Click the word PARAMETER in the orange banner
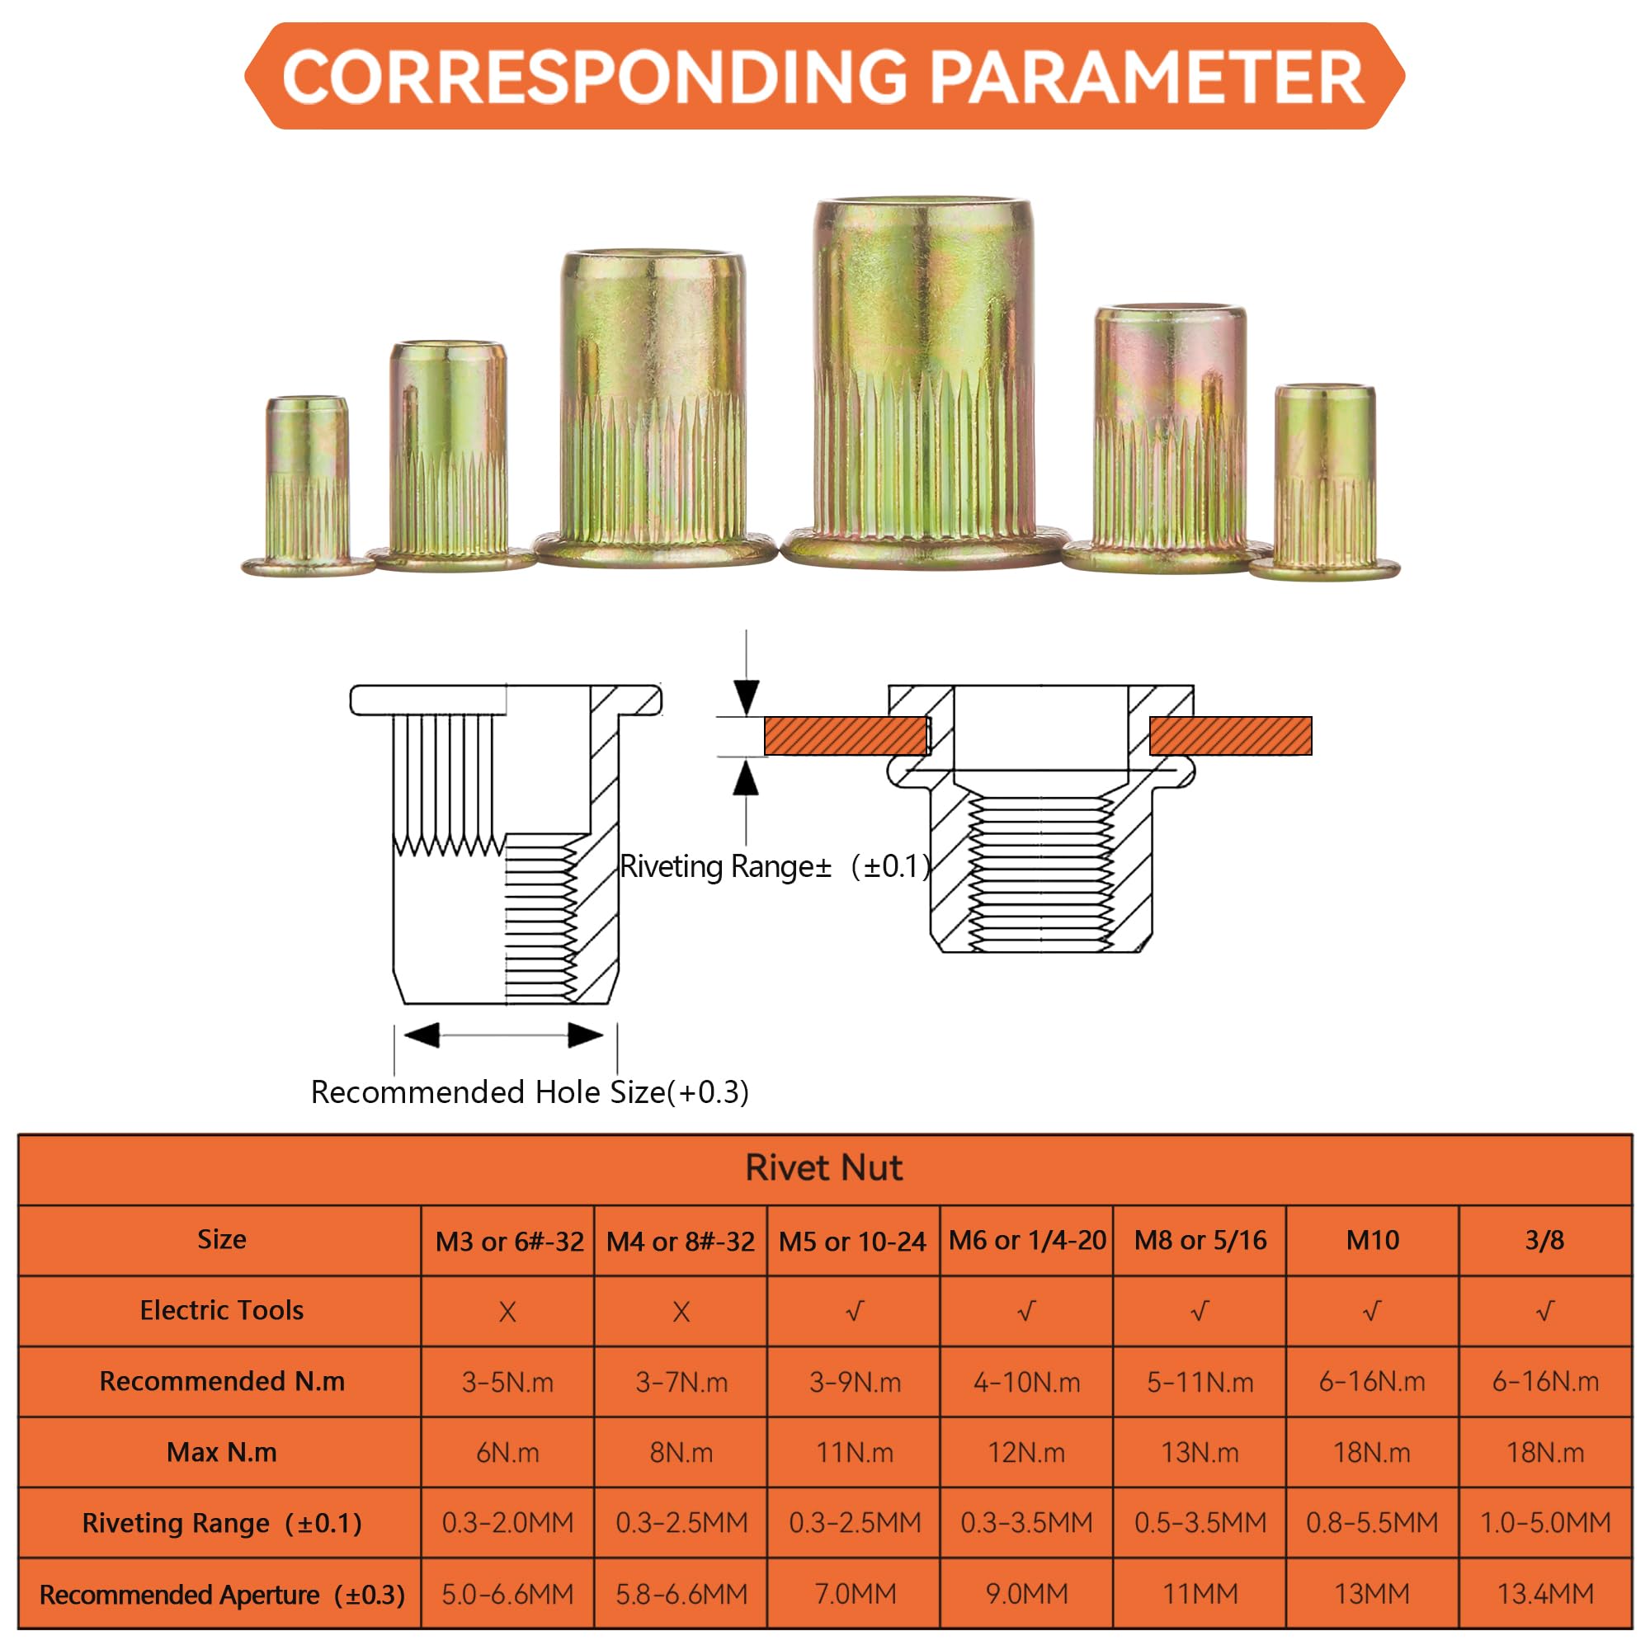point(1145,77)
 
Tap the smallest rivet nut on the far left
point(308,486)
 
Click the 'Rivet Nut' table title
point(824,1167)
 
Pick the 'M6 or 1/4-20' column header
point(1027,1240)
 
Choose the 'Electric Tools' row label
point(221,1310)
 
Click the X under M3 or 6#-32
point(507,1312)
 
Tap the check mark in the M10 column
point(1372,1311)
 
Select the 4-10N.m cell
point(1026,1382)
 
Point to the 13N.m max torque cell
point(1200,1453)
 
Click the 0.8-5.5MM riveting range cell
point(1373,1523)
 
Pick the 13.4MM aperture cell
point(1545,1594)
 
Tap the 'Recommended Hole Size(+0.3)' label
point(530,1092)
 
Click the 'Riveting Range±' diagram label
point(725,866)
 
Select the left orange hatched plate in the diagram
point(846,735)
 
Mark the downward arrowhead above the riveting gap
point(747,697)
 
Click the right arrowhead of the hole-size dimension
point(585,1035)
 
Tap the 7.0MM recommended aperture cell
point(855,1594)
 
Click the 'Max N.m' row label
point(221,1452)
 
